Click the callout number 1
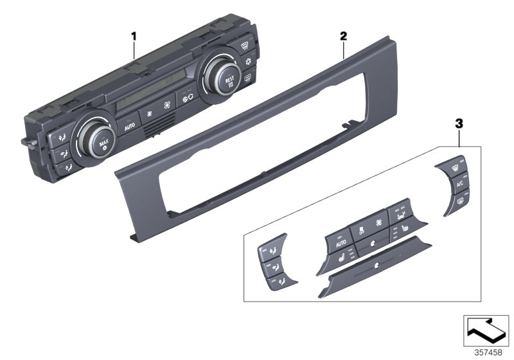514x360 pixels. tap(134, 37)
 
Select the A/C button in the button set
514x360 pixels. tap(459, 185)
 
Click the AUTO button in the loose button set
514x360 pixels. tap(341, 243)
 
